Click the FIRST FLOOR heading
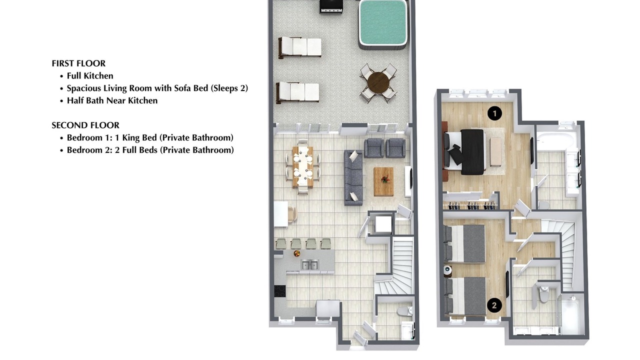[x=78, y=63]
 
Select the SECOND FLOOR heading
[x=85, y=125]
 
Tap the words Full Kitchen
[x=90, y=75]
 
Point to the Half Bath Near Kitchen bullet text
[x=112, y=100]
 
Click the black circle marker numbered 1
[x=494, y=113]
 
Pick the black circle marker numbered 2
[x=494, y=305]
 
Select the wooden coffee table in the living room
[x=383, y=181]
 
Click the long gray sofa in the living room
[x=353, y=177]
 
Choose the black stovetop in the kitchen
[x=280, y=291]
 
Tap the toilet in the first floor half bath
[x=405, y=311]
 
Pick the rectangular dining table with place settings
[x=303, y=167]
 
